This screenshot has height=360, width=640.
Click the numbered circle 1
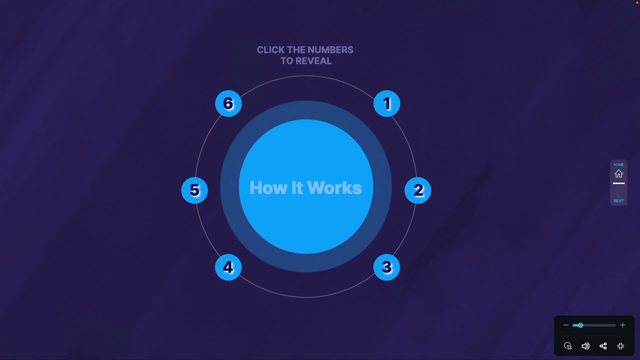pyautogui.click(x=387, y=103)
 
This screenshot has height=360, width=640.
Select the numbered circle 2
pyautogui.click(x=418, y=190)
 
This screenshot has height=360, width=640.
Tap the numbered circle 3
pyautogui.click(x=387, y=267)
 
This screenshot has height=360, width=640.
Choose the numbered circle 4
pyautogui.click(x=228, y=267)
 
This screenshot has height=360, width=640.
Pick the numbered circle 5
pyautogui.click(x=195, y=190)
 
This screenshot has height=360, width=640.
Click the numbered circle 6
pyautogui.click(x=228, y=103)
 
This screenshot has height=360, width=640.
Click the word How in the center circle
pyautogui.click(x=268, y=188)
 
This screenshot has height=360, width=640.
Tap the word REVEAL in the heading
pyautogui.click(x=313, y=61)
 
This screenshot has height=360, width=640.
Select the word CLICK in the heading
pyautogui.click(x=270, y=50)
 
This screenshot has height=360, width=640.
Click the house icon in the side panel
pyautogui.click(x=619, y=174)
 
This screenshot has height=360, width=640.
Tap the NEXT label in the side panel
pyautogui.click(x=619, y=201)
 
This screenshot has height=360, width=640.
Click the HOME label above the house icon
pyautogui.click(x=619, y=165)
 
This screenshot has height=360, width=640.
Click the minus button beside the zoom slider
pyautogui.click(x=566, y=325)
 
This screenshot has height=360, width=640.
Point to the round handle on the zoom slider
pyautogui.click(x=580, y=325)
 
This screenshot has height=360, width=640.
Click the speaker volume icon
pyautogui.click(x=585, y=346)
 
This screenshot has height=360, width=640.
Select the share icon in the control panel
pyautogui.click(x=603, y=346)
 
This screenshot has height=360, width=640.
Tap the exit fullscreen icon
pyautogui.click(x=621, y=346)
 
